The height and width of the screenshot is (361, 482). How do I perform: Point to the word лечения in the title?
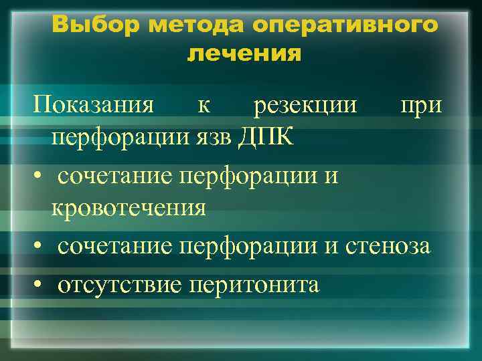244,53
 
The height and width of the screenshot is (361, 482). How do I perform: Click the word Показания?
94,105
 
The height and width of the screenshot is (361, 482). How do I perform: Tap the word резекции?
305,106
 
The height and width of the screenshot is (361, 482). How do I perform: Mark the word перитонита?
255,285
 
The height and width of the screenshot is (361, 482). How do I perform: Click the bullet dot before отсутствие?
40,285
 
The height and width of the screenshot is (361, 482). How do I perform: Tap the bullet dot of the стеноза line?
40,247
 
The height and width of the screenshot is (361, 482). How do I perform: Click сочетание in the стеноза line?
114,247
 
